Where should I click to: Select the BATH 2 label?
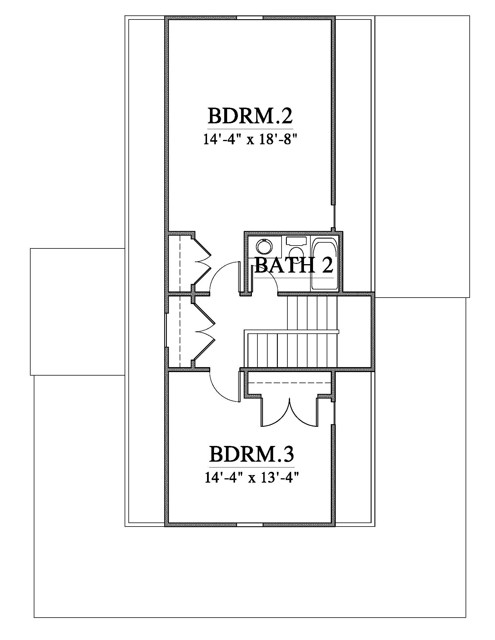click(x=294, y=265)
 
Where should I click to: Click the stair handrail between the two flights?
click(x=292, y=331)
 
